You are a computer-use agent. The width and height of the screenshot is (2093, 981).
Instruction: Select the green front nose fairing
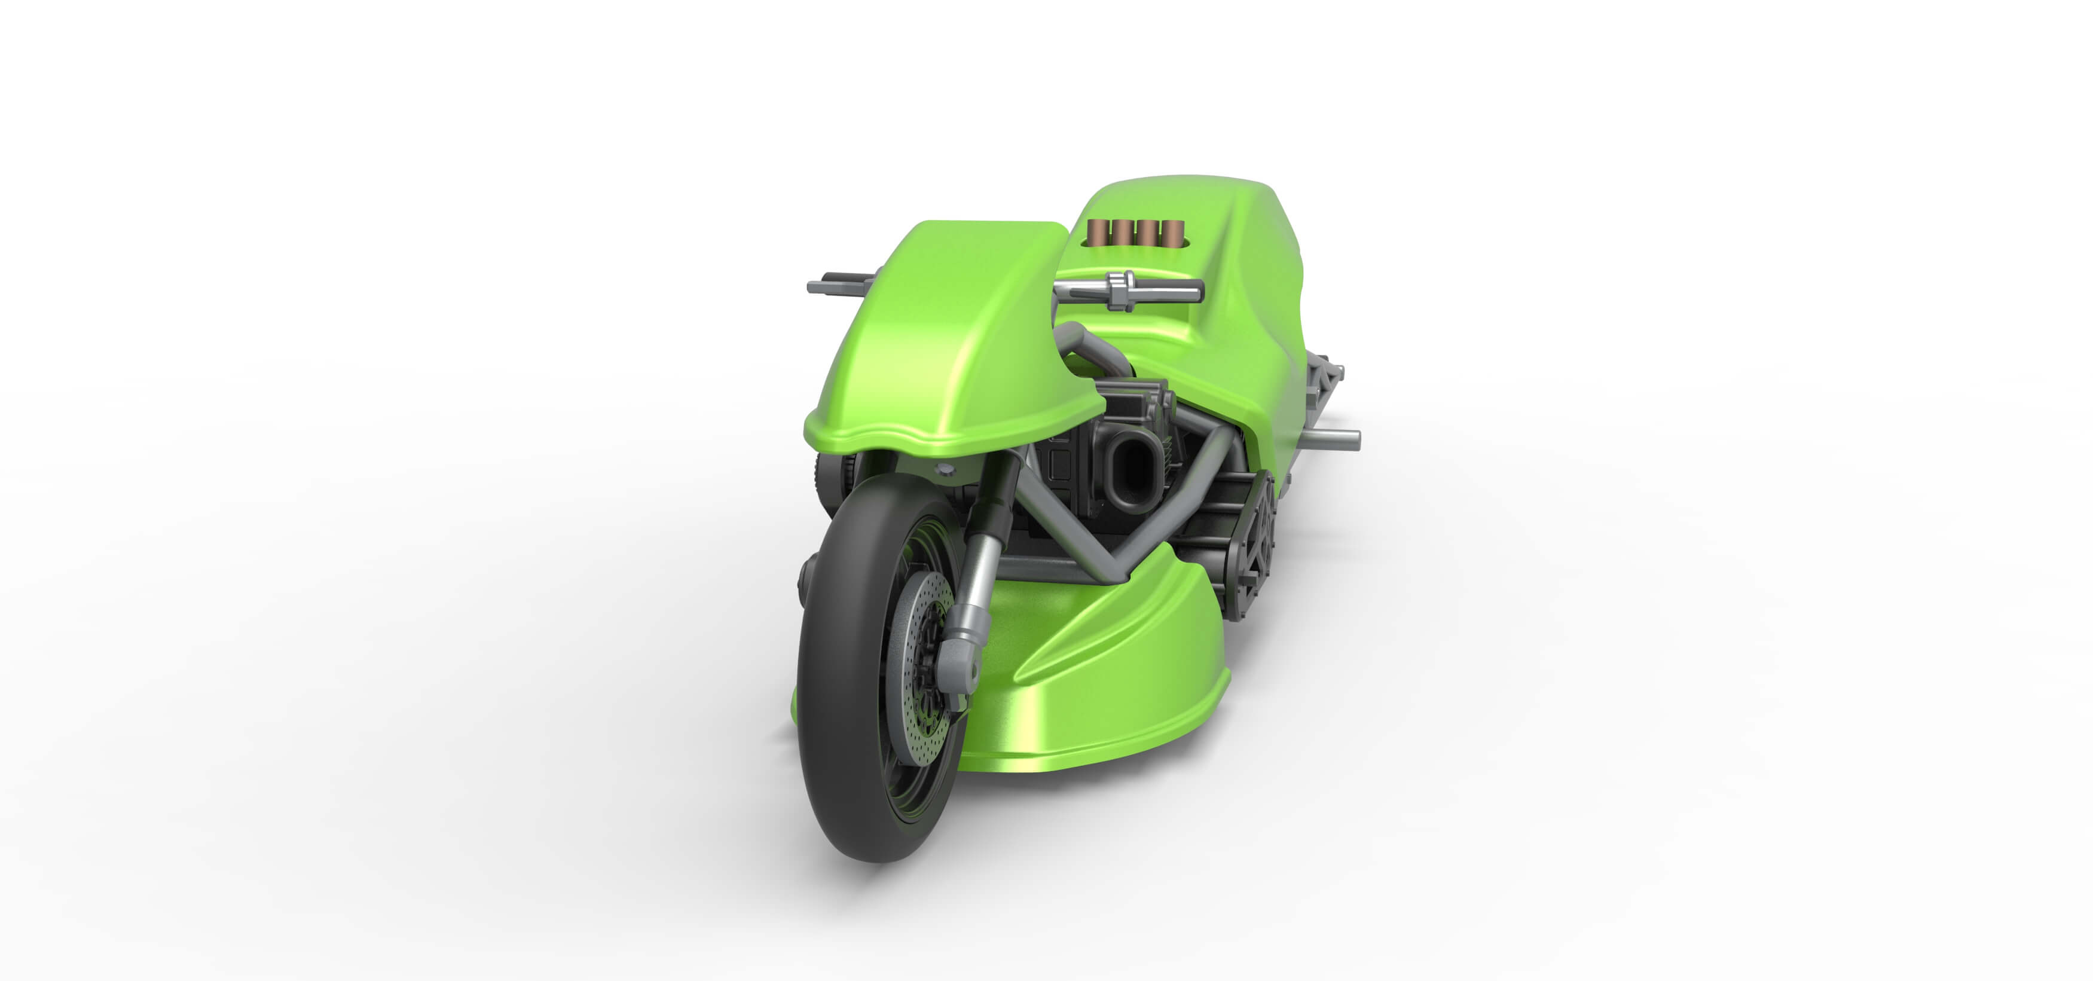coord(951,341)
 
